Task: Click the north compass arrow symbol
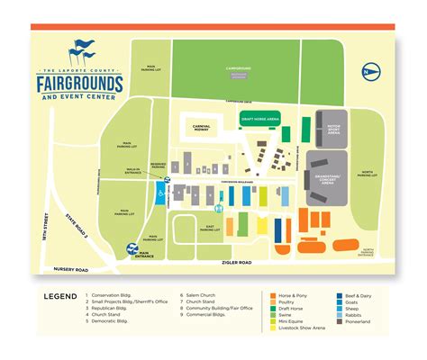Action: (366, 70)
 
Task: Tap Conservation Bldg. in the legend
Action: (117, 294)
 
